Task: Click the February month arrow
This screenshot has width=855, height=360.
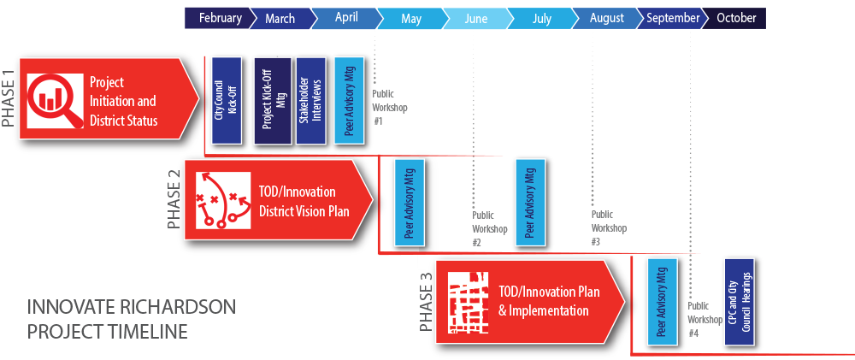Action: click(219, 18)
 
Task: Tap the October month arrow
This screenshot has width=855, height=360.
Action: click(735, 18)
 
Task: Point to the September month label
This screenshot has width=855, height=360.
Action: click(673, 18)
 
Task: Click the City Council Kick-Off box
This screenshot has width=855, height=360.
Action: click(227, 100)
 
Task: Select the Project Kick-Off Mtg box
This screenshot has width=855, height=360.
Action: click(273, 101)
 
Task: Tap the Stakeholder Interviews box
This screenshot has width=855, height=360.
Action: click(311, 101)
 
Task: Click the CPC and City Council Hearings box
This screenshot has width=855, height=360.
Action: click(740, 302)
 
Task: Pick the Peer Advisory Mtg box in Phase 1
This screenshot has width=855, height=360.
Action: click(349, 101)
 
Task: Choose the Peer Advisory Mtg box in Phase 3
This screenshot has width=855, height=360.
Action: click(662, 302)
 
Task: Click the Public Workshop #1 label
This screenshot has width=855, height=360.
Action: click(389, 108)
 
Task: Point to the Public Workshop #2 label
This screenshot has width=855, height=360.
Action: click(490, 228)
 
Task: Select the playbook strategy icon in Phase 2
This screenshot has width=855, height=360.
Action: click(223, 199)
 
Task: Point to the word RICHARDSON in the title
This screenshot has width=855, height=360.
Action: click(173, 307)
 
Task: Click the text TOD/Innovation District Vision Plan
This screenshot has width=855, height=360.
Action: click(304, 201)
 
